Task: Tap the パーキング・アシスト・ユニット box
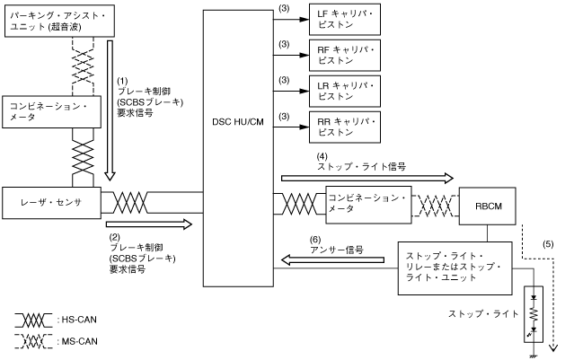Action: point(59,18)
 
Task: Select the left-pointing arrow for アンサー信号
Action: point(334,259)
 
